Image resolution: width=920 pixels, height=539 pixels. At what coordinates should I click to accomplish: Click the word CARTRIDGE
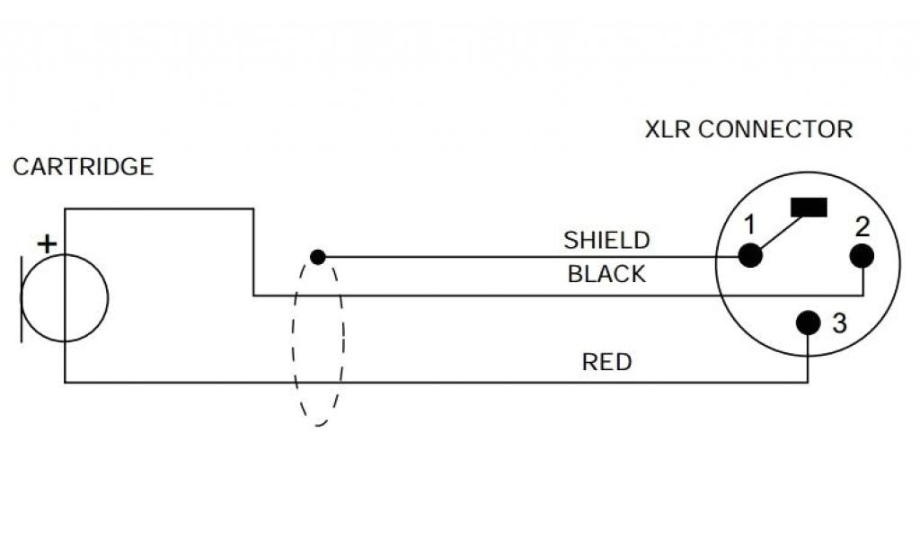pos(84,167)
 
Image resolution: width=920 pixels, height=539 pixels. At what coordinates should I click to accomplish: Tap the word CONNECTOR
pos(775,129)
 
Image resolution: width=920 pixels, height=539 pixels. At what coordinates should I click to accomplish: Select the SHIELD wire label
pos(606,240)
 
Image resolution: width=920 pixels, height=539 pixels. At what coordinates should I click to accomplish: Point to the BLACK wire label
pos(606,274)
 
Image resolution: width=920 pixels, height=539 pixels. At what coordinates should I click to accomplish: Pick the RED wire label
pos(606,363)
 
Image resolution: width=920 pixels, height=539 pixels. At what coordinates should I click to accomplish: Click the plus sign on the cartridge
pos(46,243)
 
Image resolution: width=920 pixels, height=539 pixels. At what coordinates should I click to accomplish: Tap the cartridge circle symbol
pos(65,298)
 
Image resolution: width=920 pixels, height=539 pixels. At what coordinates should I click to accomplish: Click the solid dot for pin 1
pos(750,256)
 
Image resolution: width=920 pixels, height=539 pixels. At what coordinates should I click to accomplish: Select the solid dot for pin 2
pos(862,256)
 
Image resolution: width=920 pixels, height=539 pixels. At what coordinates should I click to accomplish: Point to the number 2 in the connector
pos(862,225)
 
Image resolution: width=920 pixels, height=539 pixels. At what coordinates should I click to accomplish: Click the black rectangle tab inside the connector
pos(809,208)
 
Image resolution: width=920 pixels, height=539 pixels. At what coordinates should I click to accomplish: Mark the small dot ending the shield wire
pos(317,257)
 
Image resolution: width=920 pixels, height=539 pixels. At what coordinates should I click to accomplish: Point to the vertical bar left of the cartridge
pos(22,298)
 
